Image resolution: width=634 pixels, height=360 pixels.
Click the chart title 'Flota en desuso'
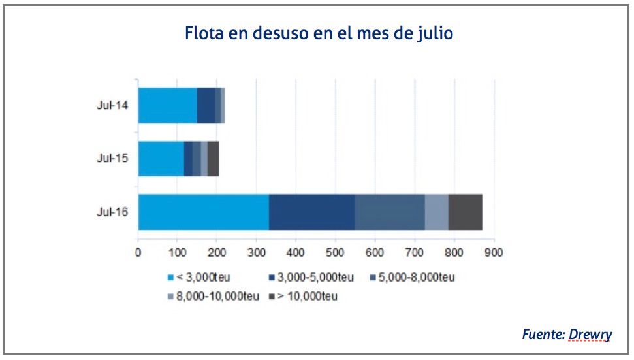pos(319,33)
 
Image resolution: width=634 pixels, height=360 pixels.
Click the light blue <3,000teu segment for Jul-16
pos(203,212)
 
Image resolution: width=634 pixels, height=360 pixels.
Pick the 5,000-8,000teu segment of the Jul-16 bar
pos(390,212)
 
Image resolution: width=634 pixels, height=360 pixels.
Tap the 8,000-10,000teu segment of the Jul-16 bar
pos(436,212)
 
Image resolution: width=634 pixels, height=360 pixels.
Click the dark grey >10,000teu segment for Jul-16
pos(466,212)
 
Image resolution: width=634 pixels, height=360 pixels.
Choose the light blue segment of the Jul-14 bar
pos(167,105)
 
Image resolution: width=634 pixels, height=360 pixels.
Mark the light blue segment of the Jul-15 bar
pos(161,159)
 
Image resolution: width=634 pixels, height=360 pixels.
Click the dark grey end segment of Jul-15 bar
pos(213,159)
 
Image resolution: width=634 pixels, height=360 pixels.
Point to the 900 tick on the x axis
pos(494,252)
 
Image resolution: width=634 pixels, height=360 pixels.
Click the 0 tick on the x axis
pos(138,252)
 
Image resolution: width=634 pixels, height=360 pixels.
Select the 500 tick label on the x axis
pos(336,252)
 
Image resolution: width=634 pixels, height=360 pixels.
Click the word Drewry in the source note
pos(590,335)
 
